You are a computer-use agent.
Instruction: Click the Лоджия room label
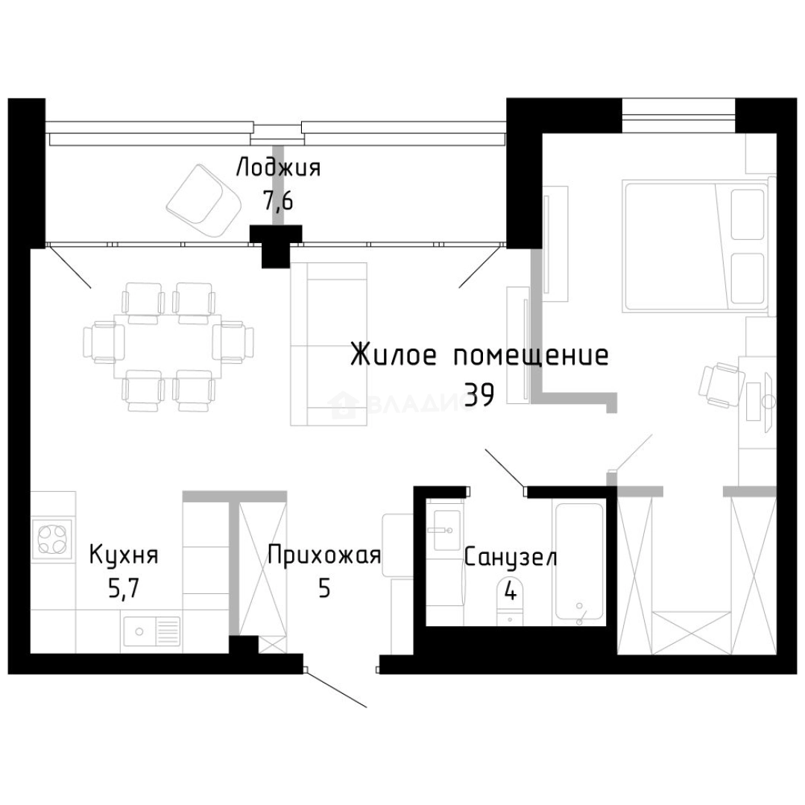pyautogui.click(x=278, y=168)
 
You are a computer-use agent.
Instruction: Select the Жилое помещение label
pyautogui.click(x=479, y=356)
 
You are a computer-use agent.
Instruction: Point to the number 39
pyautogui.click(x=479, y=396)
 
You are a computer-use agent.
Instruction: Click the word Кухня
pyautogui.click(x=124, y=555)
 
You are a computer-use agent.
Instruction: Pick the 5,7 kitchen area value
pyautogui.click(x=124, y=589)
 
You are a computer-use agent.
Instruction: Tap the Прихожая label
pyautogui.click(x=324, y=555)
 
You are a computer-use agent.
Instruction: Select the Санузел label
pyautogui.click(x=510, y=558)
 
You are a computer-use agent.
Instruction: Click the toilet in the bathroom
pyautogui.click(x=511, y=600)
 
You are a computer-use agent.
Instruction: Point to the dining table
pyautogui.click(x=169, y=347)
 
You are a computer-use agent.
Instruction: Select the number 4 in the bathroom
pyautogui.click(x=511, y=591)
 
